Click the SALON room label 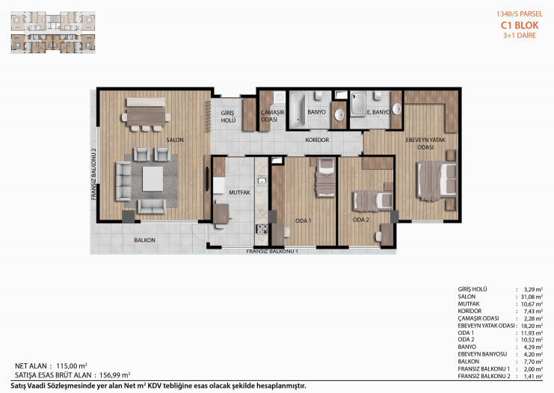click(x=175, y=140)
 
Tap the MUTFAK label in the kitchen click(x=239, y=193)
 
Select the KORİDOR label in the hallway click(x=317, y=140)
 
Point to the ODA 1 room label click(x=303, y=220)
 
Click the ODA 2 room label click(x=361, y=220)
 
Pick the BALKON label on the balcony click(x=144, y=240)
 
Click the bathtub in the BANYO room click(x=298, y=110)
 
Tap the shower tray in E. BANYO click(x=358, y=103)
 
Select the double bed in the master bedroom click(x=437, y=180)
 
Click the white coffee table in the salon click(x=153, y=179)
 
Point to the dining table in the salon click(x=146, y=117)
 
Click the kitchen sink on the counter click(x=262, y=181)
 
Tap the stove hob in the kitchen click(x=262, y=229)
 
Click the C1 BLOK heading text click(x=520, y=25)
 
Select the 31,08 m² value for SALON click(x=532, y=297)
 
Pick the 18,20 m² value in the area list click(x=532, y=326)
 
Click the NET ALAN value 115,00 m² click(x=72, y=366)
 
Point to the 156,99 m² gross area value click(x=115, y=375)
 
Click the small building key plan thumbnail click(x=53, y=32)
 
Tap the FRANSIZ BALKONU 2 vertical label click(x=93, y=174)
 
